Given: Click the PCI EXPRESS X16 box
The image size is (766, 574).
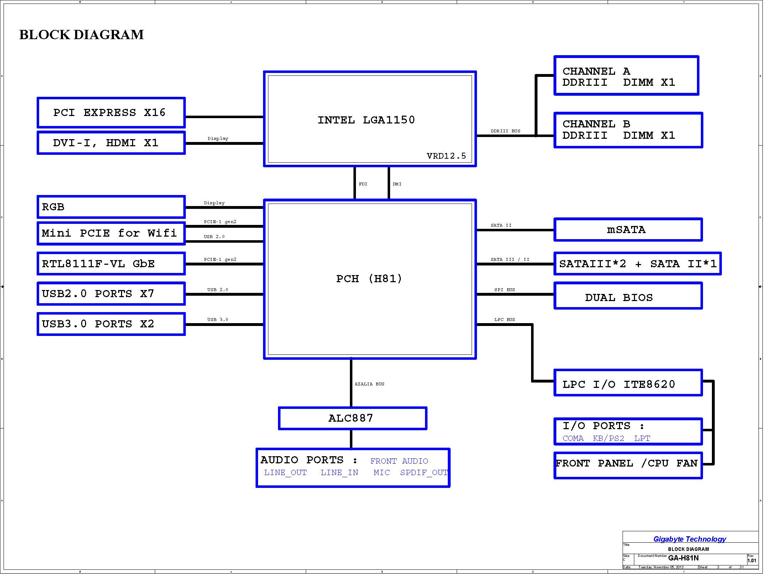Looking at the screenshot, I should [x=111, y=112].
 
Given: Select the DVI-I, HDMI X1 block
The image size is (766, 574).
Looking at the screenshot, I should [x=111, y=143].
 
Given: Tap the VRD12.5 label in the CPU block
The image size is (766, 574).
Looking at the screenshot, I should [x=446, y=156].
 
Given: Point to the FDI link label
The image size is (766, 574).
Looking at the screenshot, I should [x=363, y=184].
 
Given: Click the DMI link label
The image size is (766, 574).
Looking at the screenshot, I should [x=397, y=184].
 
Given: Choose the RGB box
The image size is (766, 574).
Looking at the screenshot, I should [x=111, y=207].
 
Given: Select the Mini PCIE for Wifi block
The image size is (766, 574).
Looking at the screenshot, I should [x=111, y=233].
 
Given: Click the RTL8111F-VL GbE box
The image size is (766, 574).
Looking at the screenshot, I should [x=111, y=264].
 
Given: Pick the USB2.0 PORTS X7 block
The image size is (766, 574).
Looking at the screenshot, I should [x=111, y=294].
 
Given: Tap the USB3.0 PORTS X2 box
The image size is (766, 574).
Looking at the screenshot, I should [x=111, y=324].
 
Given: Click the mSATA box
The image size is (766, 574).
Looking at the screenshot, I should [x=628, y=230].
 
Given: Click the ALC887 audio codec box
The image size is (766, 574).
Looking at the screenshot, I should [x=352, y=418].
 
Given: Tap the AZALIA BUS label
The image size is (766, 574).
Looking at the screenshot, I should [x=369, y=384].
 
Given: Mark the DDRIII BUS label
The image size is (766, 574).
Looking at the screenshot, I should [x=505, y=131].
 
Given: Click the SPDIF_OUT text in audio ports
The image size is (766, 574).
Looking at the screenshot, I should [x=424, y=473].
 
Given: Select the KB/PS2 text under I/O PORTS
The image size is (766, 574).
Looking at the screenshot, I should [x=608, y=438].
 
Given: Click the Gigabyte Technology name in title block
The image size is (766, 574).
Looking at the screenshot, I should [x=689, y=539].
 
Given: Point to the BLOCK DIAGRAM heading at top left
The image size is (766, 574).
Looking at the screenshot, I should [x=82, y=35].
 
